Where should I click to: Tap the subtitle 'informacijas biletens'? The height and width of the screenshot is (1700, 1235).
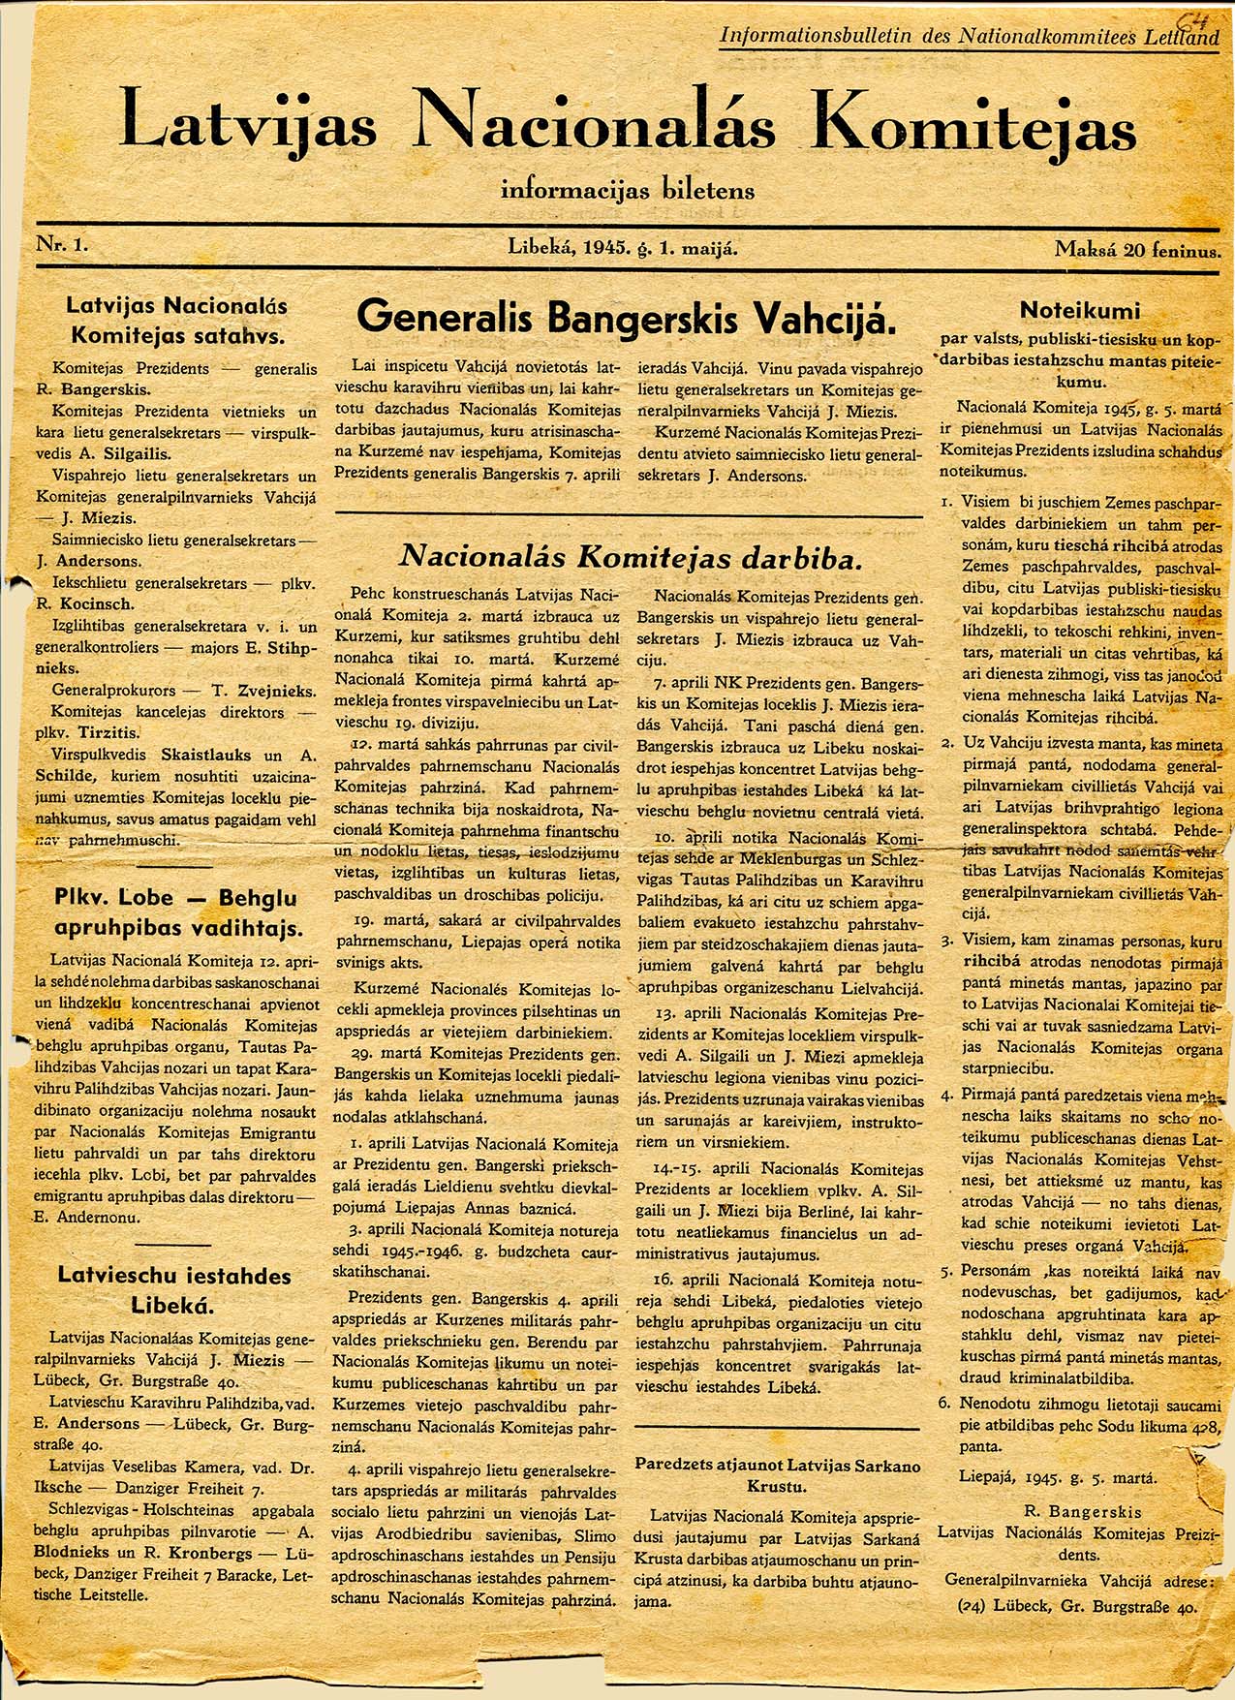627,189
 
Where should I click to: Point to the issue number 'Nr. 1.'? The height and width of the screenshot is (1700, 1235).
63,245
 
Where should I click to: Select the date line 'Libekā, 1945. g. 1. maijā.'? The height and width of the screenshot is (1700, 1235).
623,247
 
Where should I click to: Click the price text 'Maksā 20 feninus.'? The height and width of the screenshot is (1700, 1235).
1136,250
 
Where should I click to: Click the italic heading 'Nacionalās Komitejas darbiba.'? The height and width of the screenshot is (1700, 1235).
631,556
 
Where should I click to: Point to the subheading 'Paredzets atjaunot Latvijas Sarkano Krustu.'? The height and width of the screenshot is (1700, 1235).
778,1476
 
